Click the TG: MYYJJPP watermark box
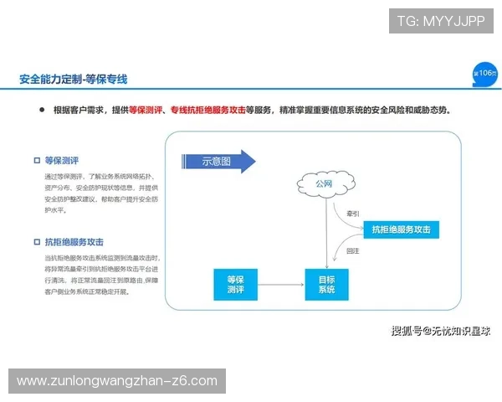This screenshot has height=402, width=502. click(x=441, y=20)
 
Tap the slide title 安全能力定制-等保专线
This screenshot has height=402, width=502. click(x=73, y=80)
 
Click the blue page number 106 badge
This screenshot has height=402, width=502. click(x=484, y=73)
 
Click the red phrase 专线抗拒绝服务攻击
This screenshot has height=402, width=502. click(x=207, y=110)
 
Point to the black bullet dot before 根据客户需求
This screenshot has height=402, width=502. click(x=40, y=110)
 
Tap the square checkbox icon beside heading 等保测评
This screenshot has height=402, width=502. click(x=36, y=160)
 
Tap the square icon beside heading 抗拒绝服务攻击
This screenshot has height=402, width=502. click(x=36, y=242)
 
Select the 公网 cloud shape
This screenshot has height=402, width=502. click(x=324, y=183)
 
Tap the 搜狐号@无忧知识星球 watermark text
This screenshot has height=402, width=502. click(x=441, y=331)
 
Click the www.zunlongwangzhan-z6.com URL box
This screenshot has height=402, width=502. click(x=117, y=381)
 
